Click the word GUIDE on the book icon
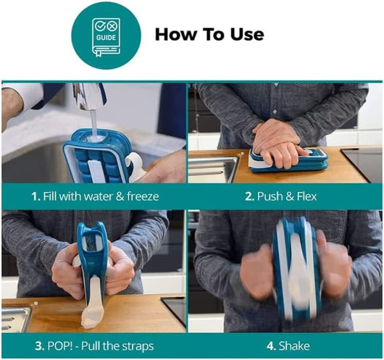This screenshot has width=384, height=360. click(106, 38)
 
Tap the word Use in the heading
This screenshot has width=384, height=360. click(246, 34)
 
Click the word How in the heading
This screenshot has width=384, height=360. click(175, 34)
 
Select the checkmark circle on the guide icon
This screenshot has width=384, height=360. click(101, 26)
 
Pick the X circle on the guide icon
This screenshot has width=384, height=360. click(112, 26)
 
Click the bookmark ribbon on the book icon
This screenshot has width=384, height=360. click(99, 53)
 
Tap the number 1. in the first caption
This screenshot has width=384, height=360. click(36, 196)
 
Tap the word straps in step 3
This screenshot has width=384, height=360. click(138, 346)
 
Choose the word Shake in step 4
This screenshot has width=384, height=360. click(294, 346)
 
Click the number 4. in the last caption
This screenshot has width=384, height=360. click(272, 346)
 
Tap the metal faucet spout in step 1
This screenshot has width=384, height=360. click(88, 96)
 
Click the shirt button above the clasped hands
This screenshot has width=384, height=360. click(275, 112)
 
